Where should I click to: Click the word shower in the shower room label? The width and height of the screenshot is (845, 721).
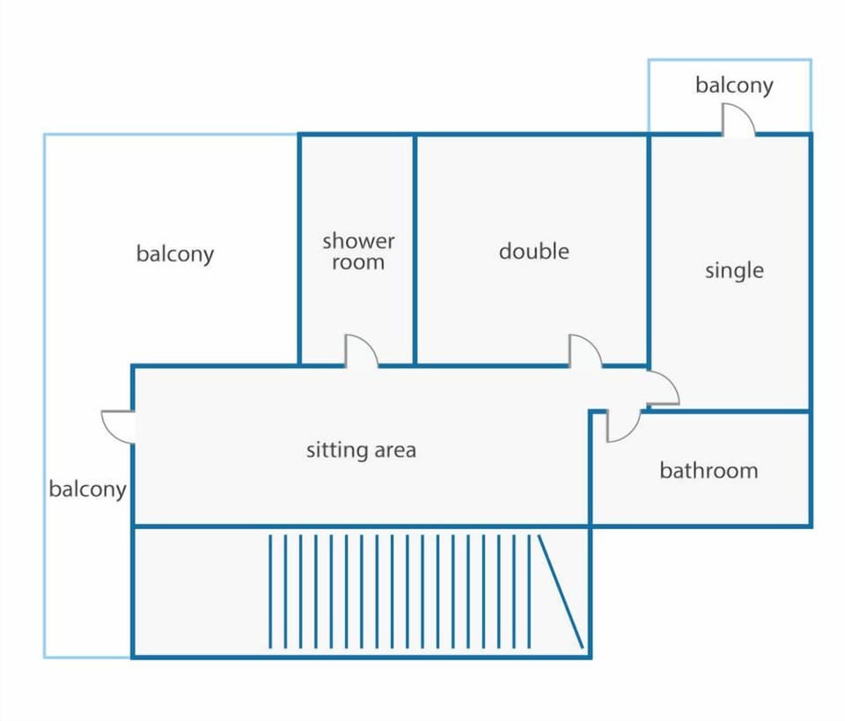tap(358, 241)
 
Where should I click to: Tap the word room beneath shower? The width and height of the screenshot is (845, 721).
tap(358, 262)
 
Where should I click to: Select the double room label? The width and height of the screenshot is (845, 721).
tap(534, 251)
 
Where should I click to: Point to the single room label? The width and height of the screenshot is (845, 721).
tap(734, 270)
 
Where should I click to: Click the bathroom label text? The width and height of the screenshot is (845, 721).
tap(709, 470)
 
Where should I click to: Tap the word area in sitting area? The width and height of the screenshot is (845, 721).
tap(395, 451)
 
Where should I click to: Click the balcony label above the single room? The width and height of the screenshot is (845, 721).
tap(734, 85)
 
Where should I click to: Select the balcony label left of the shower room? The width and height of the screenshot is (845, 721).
tap(175, 254)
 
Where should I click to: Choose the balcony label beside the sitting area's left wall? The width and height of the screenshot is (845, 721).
tap(87, 489)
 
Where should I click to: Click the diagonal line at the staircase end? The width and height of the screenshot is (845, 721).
tap(561, 591)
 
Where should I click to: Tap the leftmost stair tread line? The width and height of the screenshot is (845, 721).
tap(270, 591)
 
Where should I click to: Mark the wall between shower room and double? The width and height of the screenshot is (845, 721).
tap(415, 250)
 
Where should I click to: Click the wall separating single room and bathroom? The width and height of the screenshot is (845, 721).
tap(729, 412)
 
